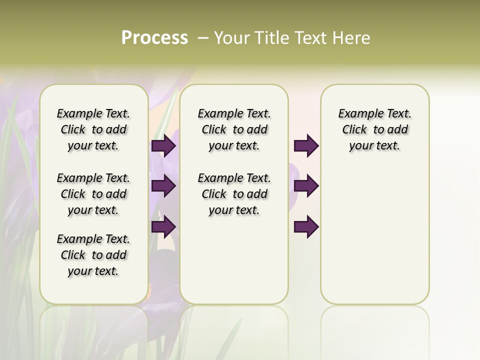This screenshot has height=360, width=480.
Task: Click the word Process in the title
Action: (x=154, y=38)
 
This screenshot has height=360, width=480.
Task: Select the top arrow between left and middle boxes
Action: (x=163, y=146)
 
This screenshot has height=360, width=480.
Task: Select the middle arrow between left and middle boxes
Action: (x=163, y=186)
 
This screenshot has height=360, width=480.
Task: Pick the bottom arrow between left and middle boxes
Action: (x=163, y=226)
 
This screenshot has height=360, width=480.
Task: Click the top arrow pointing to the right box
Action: (x=306, y=146)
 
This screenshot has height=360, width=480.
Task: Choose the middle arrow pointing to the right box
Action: (x=306, y=186)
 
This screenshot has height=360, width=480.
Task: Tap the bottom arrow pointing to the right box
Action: (x=306, y=226)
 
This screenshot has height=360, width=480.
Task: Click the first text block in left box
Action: (x=93, y=129)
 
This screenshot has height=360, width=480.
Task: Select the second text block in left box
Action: (x=93, y=194)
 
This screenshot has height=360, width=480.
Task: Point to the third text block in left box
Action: (x=93, y=255)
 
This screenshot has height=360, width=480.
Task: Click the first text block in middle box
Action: (x=234, y=129)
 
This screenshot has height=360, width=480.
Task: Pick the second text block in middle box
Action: (x=234, y=194)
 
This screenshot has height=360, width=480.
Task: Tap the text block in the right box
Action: (x=374, y=129)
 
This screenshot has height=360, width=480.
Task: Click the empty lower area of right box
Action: (x=374, y=235)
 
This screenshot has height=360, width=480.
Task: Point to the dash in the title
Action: (x=203, y=38)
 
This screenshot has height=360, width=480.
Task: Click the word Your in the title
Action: (x=233, y=38)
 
